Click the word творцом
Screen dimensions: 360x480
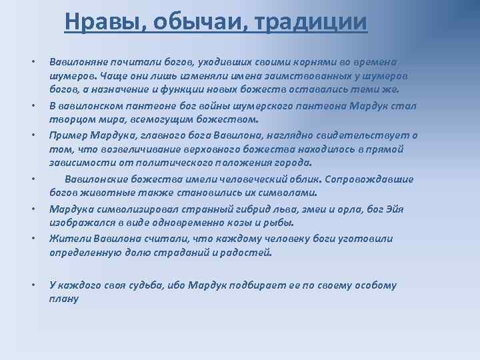click(69, 119)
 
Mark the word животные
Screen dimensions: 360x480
click(104, 193)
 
